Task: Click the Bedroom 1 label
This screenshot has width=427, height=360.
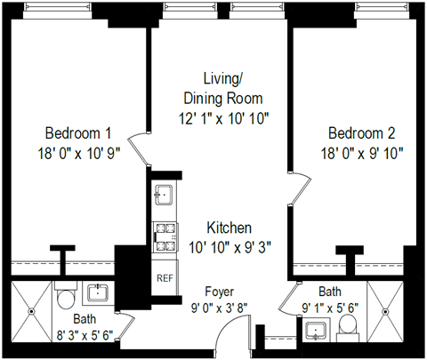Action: pyautogui.click(x=69, y=132)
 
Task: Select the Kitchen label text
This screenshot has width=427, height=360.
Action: pyautogui.click(x=230, y=227)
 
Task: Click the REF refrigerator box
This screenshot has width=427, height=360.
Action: pyautogui.click(x=164, y=277)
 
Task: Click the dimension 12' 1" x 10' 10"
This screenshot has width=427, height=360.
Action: pyautogui.click(x=223, y=116)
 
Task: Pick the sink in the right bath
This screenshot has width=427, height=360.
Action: pyautogui.click(x=316, y=332)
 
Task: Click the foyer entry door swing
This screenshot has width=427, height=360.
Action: pyautogui.click(x=229, y=335)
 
